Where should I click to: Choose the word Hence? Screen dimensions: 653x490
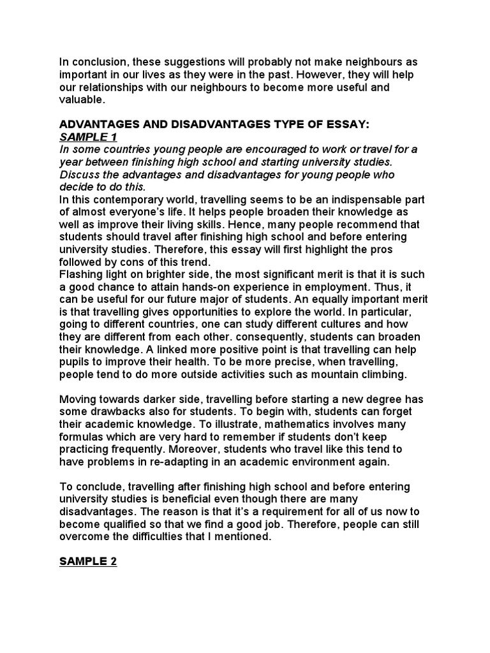tap(260, 224)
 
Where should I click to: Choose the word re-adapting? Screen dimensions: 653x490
tap(209, 462)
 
